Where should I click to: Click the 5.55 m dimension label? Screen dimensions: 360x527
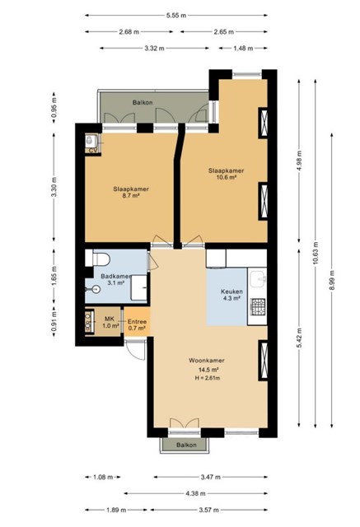click(175, 15)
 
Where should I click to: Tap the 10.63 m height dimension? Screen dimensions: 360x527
click(316, 253)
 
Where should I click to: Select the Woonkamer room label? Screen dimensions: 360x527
click(207, 361)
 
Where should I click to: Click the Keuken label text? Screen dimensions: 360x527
click(231, 291)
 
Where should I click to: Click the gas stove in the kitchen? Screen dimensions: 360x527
click(258, 307)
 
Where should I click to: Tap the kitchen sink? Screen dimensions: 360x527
click(259, 279)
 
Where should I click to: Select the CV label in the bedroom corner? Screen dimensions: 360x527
click(92, 151)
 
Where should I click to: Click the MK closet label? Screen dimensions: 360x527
click(110, 319)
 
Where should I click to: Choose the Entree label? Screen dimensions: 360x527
click(137, 322)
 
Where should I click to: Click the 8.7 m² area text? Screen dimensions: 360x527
click(131, 195)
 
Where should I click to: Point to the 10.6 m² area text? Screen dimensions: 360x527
click(226, 177)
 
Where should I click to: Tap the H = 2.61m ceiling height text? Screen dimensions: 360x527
click(208, 378)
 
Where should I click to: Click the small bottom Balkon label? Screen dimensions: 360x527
click(186, 445)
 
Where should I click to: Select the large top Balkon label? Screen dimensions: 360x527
click(143, 102)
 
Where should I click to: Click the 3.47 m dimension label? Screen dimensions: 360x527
click(211, 477)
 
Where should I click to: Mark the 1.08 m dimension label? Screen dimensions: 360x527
click(103, 477)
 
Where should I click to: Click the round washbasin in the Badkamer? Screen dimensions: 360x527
click(96, 289)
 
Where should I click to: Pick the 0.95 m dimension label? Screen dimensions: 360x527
click(54, 108)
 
